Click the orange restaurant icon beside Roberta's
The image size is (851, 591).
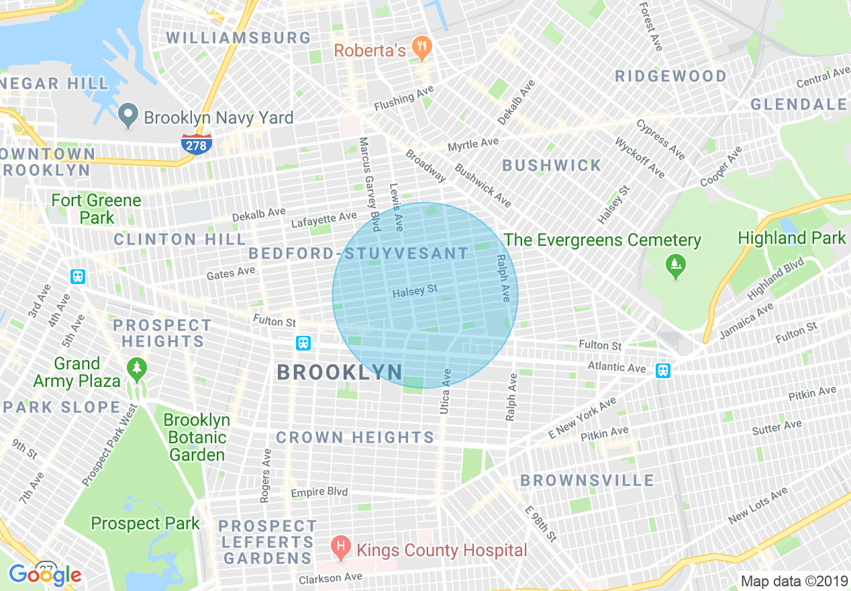coord(422,48)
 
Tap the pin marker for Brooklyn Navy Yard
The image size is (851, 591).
coord(128,116)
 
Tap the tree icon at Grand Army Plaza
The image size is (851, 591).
coord(137,369)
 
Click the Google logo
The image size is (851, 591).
coord(45,574)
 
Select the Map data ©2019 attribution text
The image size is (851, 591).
coord(793,581)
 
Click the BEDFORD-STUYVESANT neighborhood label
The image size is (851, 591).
coord(358,254)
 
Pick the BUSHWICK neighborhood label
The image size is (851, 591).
coord(552,165)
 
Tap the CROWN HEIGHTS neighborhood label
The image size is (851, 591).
coord(355,437)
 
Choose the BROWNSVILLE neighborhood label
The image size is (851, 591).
coord(587,480)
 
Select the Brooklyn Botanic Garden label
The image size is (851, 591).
coord(197,437)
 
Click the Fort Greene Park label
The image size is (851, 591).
coord(96,209)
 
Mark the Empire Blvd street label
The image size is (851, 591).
coord(319,492)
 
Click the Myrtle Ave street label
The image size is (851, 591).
coord(473,144)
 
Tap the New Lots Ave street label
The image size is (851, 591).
coord(758,506)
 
